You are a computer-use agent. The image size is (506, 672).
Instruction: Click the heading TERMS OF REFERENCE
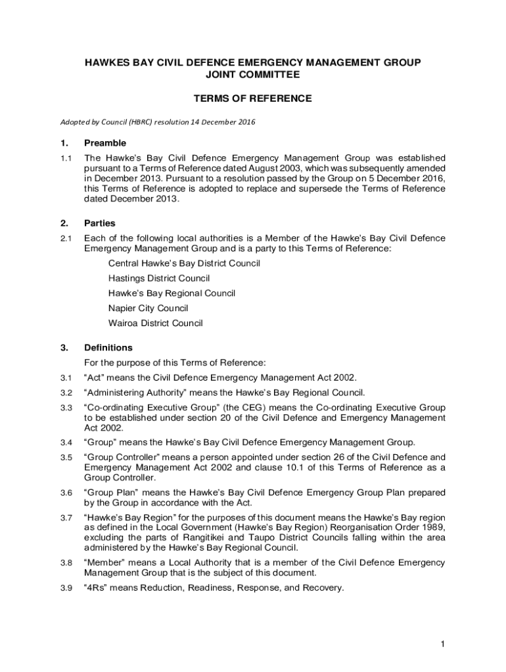tap(252, 99)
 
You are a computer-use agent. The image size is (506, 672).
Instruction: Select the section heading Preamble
tap(105, 143)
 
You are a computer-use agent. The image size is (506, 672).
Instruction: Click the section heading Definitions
tap(108, 348)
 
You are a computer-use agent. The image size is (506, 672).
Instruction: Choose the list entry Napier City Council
tap(148, 308)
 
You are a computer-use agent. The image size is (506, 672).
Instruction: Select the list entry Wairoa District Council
tap(155, 323)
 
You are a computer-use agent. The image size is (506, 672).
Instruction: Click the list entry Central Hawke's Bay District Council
tap(184, 263)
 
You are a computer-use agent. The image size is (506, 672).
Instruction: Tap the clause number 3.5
tap(65, 457)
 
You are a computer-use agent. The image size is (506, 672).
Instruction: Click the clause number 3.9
tap(65, 588)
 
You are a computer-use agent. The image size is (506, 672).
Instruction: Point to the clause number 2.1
tap(65, 238)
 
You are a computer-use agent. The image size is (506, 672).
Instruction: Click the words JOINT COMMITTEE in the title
tap(252, 75)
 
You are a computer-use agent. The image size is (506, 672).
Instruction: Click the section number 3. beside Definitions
tap(64, 348)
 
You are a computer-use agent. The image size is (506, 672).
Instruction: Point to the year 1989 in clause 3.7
tap(435, 528)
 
